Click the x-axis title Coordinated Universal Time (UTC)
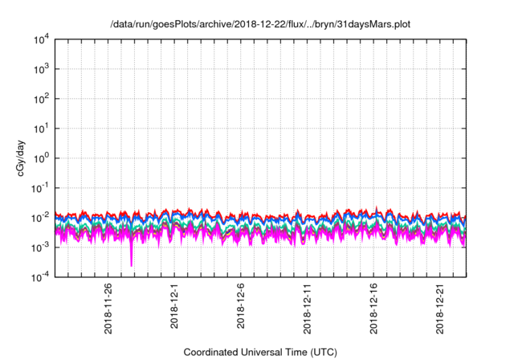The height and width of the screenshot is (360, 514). [x=260, y=352]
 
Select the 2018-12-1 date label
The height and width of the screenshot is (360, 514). [x=174, y=304]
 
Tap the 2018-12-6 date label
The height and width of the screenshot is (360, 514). [x=241, y=304]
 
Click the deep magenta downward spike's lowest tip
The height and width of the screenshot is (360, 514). [x=131, y=265]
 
